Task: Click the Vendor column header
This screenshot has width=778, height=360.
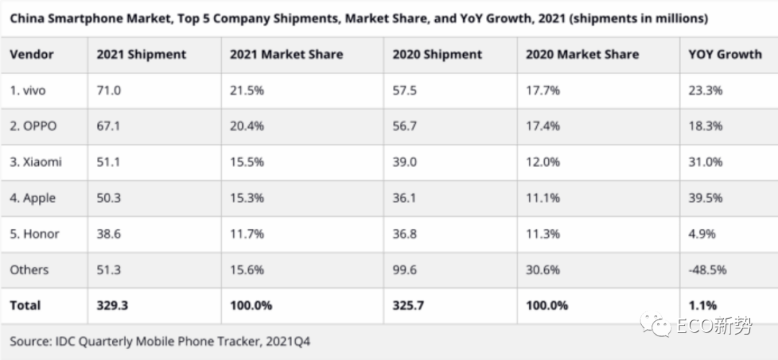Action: coord(32,55)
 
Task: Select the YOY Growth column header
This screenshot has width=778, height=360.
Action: coord(725,55)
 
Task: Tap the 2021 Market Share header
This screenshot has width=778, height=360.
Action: coord(286,55)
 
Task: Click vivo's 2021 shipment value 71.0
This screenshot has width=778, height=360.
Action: coord(109,91)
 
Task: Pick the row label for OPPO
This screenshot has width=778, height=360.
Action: coord(33,127)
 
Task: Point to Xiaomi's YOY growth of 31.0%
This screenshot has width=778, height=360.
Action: coord(705,162)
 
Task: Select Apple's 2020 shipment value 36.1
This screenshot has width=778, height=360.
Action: coord(404,198)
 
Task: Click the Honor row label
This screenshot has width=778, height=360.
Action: coord(35,234)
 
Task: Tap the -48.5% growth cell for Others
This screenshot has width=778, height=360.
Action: coord(707,270)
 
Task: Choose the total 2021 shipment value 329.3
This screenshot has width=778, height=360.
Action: coord(112,305)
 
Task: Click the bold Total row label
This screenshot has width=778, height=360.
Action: coord(25,305)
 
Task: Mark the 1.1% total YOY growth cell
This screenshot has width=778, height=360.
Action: coord(702,305)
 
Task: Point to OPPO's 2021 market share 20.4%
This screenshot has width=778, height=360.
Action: coord(246,127)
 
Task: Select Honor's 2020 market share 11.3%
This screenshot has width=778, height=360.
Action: coord(542,234)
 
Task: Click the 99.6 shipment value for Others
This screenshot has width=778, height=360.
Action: coord(405,270)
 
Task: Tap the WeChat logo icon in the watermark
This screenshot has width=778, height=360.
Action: coord(656,323)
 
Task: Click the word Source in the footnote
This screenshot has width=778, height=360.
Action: coord(28,341)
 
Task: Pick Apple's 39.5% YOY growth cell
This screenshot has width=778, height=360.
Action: coord(705,198)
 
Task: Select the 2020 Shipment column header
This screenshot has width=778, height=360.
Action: coord(437,55)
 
